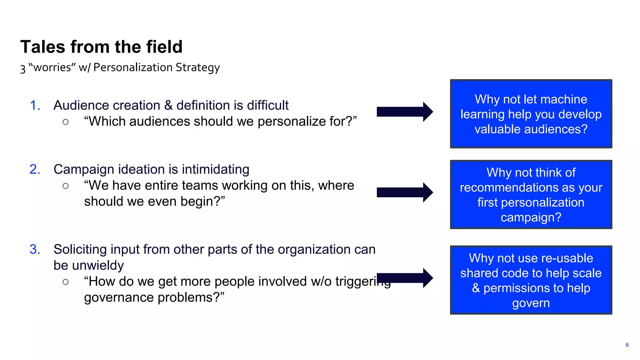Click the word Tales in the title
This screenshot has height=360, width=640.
43,47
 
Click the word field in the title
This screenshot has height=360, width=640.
164,47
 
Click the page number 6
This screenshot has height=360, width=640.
627,345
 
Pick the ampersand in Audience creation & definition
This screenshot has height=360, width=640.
168,105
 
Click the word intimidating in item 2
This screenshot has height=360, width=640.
215,169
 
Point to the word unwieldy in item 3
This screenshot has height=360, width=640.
98,265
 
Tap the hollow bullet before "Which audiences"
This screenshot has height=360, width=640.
65,122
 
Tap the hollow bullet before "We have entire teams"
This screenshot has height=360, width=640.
65,186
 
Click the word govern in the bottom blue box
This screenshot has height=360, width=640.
531,303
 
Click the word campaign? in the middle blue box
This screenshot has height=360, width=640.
531,217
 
